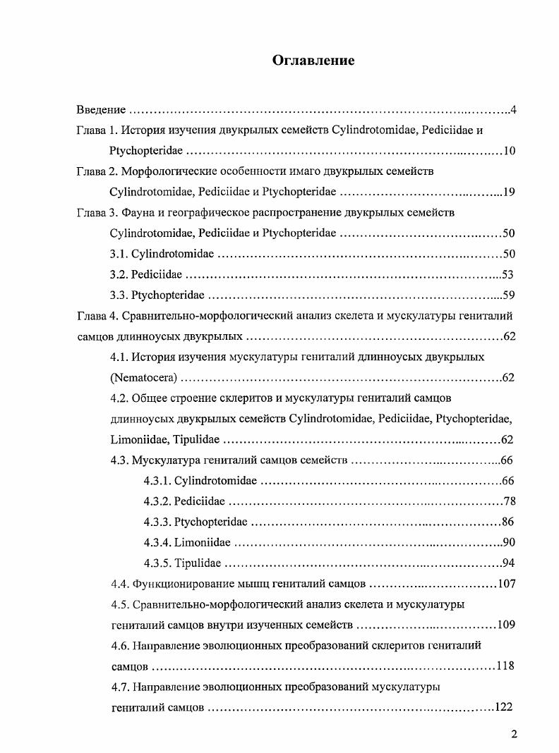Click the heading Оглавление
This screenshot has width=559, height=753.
click(x=313, y=61)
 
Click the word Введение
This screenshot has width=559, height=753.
click(x=101, y=110)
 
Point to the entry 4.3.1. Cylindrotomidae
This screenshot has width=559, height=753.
click(x=200, y=481)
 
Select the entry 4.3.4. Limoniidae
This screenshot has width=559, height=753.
click(x=186, y=542)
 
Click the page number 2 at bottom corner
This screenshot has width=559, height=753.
click(x=515, y=734)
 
